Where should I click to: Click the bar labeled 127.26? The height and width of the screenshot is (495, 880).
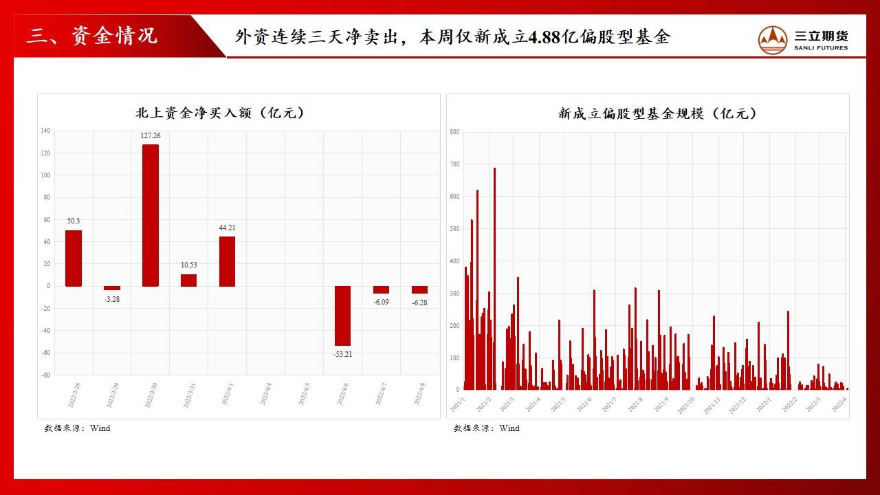(151, 214)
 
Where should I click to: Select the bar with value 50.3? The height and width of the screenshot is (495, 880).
(74, 258)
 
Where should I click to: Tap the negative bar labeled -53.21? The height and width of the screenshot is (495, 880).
(342, 316)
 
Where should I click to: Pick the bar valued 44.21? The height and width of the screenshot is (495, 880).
(227, 261)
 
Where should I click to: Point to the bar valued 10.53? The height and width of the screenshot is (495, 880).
(188, 280)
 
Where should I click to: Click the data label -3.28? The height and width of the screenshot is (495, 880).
(111, 299)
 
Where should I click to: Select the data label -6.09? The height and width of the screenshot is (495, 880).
(381, 302)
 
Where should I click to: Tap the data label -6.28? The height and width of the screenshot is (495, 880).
(419, 302)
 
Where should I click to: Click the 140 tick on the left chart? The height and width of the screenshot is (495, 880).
(45, 131)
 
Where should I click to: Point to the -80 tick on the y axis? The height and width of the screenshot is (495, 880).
(45, 375)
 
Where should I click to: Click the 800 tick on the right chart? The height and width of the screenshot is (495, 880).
(454, 132)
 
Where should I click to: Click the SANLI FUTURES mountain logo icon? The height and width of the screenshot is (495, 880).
(772, 40)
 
